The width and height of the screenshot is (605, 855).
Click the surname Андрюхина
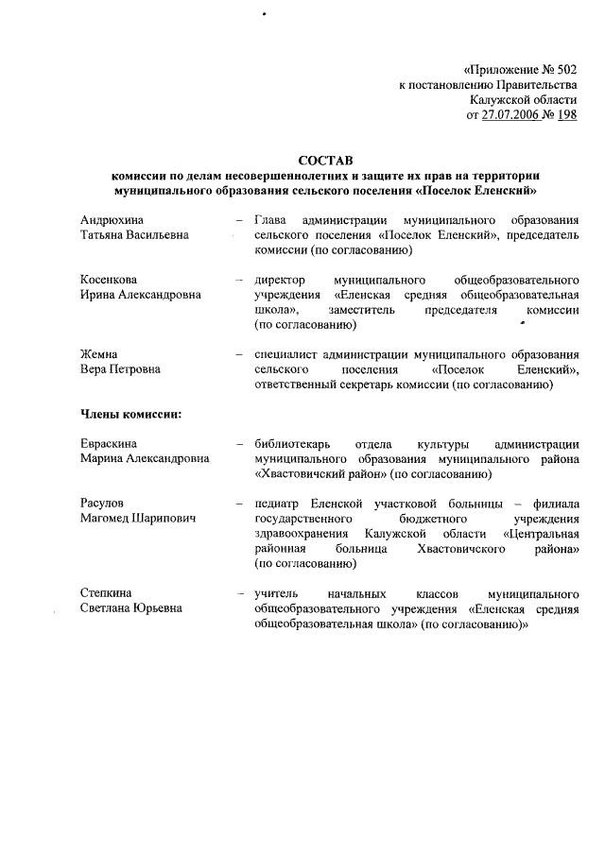(x=112, y=219)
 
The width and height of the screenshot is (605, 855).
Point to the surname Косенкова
(x=111, y=280)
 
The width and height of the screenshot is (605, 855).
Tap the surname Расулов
(x=103, y=504)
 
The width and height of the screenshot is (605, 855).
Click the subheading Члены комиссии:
(x=130, y=414)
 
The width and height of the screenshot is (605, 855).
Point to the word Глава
(x=273, y=219)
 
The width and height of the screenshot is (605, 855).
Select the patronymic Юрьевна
(x=158, y=607)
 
